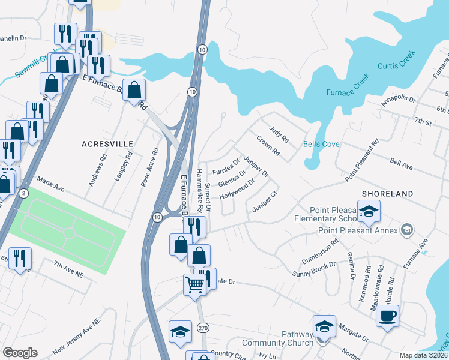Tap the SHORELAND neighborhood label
[387, 194]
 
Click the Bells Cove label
[321, 145]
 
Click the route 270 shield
[203, 327]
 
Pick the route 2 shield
[23, 193]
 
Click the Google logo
[20, 353]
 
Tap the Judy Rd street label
[279, 134]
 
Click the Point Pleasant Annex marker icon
[407, 229]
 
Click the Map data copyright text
[423, 354]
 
